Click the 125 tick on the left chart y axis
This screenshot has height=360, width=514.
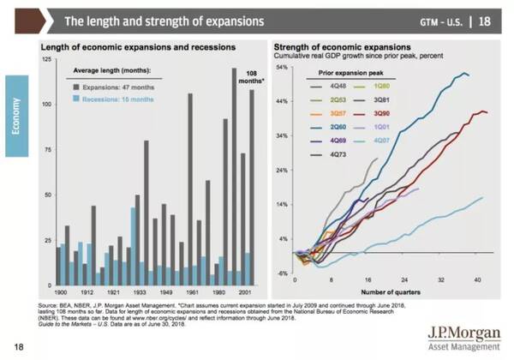tap(45, 59)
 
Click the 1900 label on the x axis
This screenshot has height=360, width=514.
tap(59, 291)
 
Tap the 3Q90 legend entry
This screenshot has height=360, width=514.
tap(382, 114)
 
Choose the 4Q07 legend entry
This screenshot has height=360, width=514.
tap(382, 139)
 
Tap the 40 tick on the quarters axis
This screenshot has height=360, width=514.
tap(478, 280)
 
